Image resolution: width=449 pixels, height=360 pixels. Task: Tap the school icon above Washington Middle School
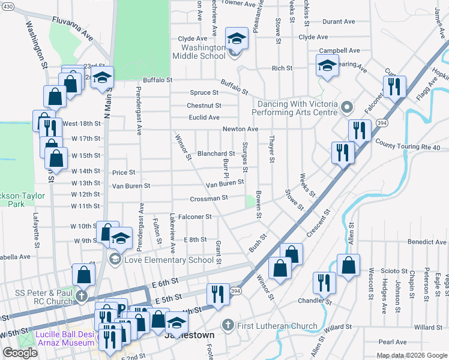tap(237, 39)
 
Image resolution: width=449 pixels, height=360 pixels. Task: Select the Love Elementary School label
tap(168, 260)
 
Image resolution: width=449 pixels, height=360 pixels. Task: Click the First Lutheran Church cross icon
tap(227, 325)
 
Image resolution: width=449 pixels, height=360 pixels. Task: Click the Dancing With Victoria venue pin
tap(346, 108)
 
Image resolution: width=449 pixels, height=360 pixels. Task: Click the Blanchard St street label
tap(216, 154)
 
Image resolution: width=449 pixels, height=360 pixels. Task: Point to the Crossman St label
tap(209, 198)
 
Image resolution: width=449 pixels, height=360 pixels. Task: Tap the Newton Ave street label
tap(240, 129)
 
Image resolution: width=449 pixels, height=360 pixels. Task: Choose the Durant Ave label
tap(340, 22)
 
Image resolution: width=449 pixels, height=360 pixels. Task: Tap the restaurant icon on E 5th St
tap(217, 293)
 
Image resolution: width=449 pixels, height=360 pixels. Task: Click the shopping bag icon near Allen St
tap(348, 265)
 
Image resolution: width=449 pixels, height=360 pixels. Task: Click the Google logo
tap(20, 353)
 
